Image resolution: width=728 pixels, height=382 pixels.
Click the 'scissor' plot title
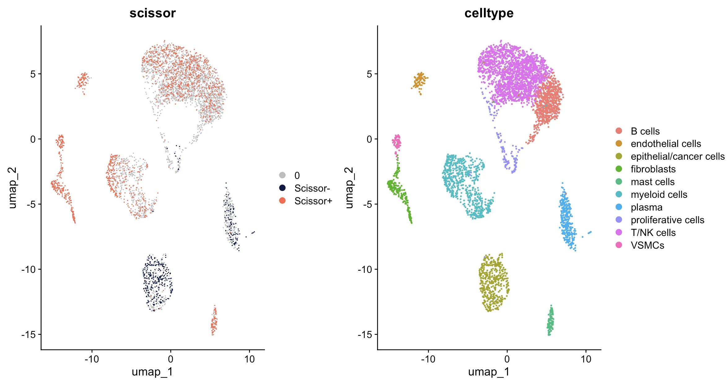coord(152,13)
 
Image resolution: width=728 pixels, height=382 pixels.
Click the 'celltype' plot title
coord(489,13)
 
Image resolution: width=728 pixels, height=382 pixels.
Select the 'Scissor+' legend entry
coord(313,201)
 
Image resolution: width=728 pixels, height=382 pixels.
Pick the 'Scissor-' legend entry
coord(312,188)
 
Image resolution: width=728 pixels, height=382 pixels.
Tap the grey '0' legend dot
coord(282,175)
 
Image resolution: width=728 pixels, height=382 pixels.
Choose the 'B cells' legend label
coord(645,131)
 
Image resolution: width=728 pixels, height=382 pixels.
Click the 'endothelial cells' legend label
coord(665,144)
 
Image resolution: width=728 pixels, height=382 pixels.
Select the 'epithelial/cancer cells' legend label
coord(678,157)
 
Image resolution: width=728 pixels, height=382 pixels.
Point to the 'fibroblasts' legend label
coord(653,169)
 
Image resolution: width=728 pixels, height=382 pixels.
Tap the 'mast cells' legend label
coord(652,182)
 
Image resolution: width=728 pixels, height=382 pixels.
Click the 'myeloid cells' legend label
coord(659,195)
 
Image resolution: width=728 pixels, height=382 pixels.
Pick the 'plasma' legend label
coord(647,207)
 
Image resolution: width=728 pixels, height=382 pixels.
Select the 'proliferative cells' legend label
coord(667,220)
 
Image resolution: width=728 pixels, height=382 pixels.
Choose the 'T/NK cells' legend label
coord(653,233)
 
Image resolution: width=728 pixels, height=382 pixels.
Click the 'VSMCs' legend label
coord(647,246)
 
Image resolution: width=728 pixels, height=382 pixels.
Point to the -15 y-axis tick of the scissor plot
coord(29,335)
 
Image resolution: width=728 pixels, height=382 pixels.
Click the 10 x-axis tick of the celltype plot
coord(586,359)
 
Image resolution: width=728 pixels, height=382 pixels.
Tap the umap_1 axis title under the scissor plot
coord(152,371)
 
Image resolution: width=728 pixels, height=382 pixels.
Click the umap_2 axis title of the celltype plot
coord(349,188)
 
